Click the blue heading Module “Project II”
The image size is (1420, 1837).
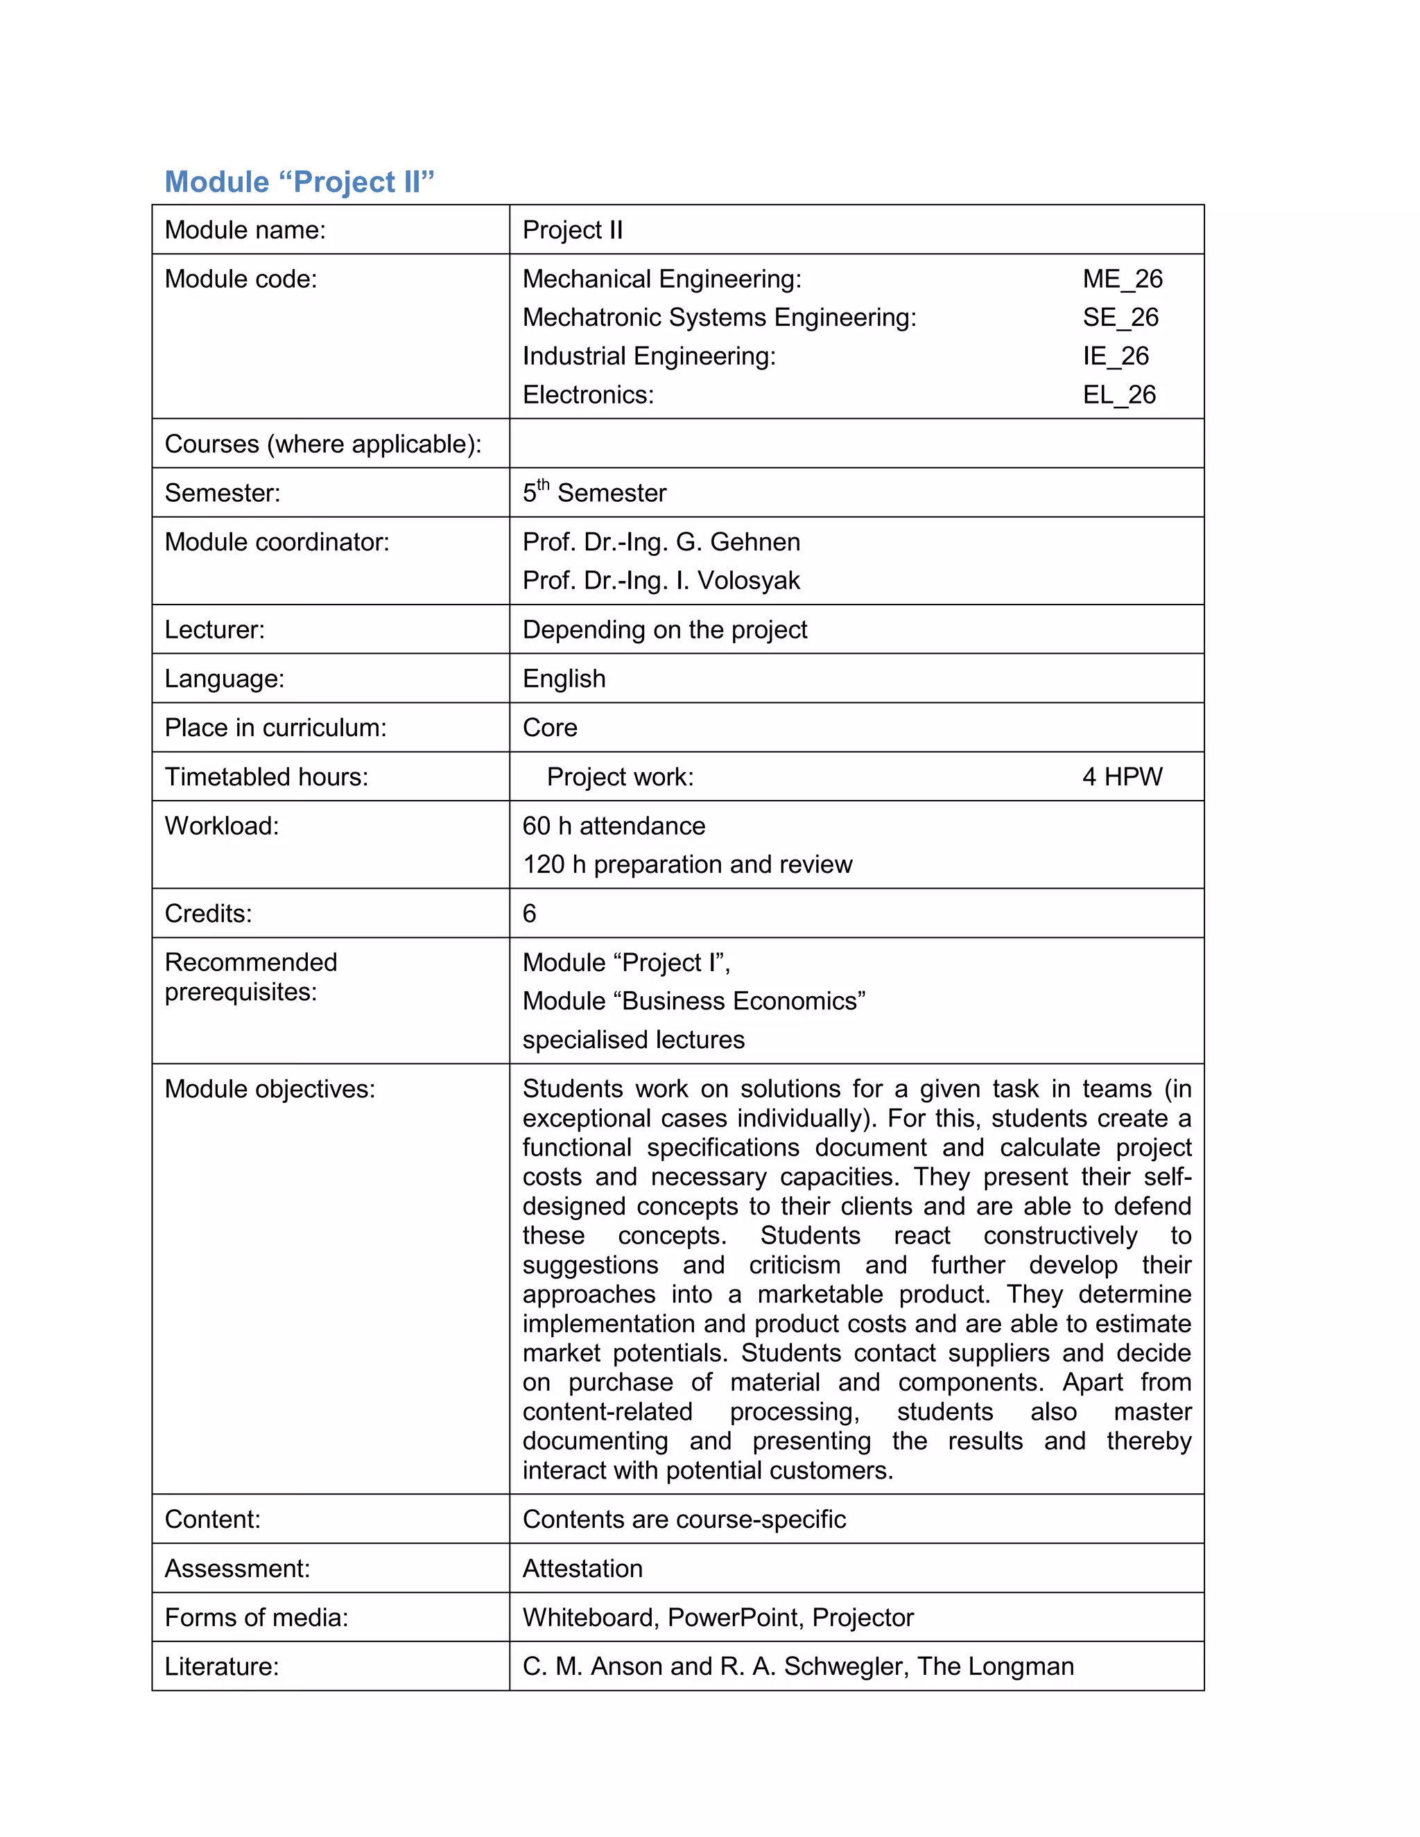click(x=299, y=182)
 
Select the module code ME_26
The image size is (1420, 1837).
click(x=1123, y=279)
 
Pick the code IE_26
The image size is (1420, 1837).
click(x=1116, y=356)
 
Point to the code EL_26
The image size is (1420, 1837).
click(x=1119, y=394)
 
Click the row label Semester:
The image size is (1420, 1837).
click(x=222, y=493)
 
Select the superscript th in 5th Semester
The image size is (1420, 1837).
click(x=544, y=484)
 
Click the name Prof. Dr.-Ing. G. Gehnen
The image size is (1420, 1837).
click(x=661, y=541)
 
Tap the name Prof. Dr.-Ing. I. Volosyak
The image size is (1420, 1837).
click(x=661, y=580)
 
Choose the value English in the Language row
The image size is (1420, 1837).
click(x=564, y=679)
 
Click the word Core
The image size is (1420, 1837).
click(x=549, y=728)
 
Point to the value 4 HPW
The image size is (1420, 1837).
click(x=1123, y=776)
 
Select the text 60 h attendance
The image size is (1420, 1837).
click(x=613, y=826)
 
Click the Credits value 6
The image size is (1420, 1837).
click(x=529, y=914)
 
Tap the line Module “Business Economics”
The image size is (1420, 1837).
click(x=693, y=1001)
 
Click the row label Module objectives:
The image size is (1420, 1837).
click(x=269, y=1089)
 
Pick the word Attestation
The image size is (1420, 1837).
click(x=582, y=1569)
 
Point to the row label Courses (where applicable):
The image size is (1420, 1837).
click(x=323, y=444)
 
